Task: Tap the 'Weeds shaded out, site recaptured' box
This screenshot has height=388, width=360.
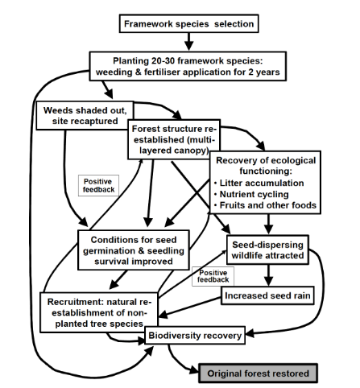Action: point(81,114)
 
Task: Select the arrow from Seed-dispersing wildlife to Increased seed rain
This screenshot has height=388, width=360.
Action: point(268,275)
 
